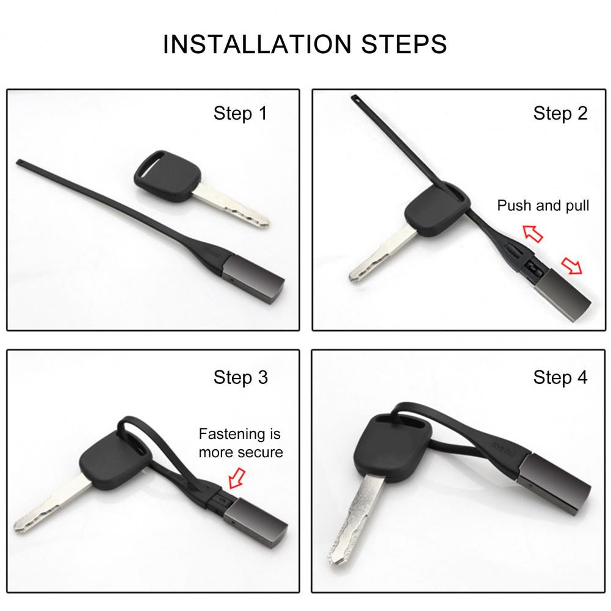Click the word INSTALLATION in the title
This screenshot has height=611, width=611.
257,44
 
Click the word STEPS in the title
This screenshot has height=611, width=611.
403,44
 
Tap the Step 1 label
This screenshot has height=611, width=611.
240,114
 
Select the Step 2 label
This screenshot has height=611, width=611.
560,114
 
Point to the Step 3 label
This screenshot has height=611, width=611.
240,377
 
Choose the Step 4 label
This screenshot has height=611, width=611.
560,377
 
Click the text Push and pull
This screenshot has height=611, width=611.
543,205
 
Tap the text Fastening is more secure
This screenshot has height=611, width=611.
240,443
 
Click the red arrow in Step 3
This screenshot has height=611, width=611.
237,478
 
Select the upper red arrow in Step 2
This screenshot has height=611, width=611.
532,233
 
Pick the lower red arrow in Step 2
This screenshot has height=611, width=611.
571,266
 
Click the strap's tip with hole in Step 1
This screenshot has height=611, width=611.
20,161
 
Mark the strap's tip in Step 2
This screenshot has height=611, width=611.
355,98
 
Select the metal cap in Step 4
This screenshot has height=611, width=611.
554,483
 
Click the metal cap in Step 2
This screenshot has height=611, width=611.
562,295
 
